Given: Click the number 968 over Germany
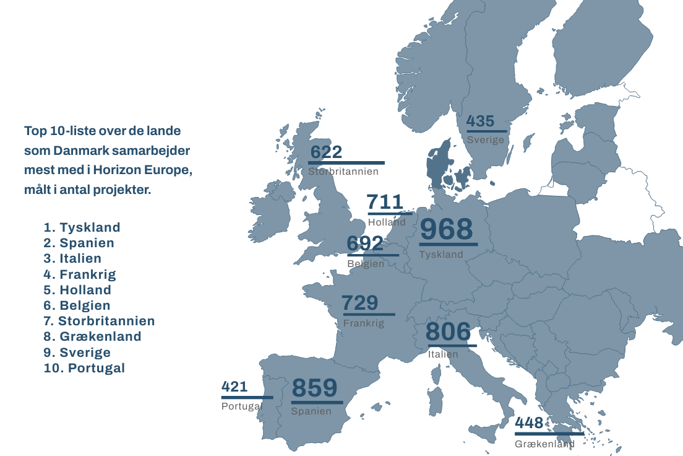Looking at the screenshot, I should click(446, 229).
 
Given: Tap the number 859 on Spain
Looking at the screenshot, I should click(314, 388).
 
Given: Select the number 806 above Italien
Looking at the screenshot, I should click(448, 332).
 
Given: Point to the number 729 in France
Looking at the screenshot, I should click(359, 303).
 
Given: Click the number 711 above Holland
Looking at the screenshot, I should click(385, 202).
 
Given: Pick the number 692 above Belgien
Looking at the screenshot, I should click(364, 243).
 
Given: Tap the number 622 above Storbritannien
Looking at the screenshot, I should click(326, 152).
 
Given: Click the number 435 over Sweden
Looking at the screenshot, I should click(480, 121).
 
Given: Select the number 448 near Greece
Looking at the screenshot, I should click(529, 423).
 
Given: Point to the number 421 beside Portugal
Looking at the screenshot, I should click(234, 387).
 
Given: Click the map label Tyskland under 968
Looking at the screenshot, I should click(441, 255).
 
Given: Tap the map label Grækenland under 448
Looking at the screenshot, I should click(544, 444).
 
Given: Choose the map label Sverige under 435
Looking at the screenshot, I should click(486, 140).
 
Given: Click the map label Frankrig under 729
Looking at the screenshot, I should click(364, 323).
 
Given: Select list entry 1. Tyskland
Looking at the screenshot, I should click(82, 227).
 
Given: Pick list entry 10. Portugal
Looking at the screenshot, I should click(85, 368).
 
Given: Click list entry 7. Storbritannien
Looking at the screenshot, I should click(99, 321).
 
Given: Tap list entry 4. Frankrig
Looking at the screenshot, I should click(80, 274).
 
